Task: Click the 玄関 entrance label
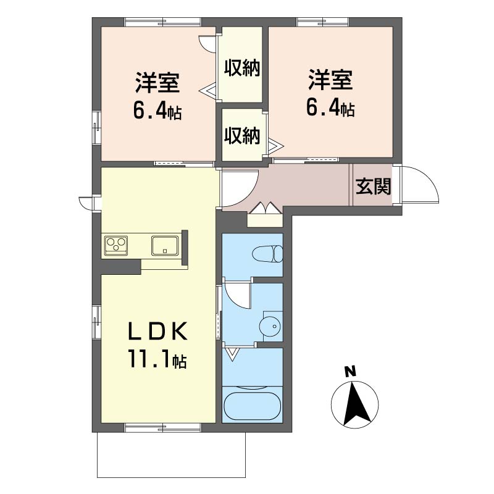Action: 374,186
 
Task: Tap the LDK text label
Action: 157,331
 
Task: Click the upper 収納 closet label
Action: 242,67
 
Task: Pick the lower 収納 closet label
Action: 242,136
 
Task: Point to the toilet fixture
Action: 267,254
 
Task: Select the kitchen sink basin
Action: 164,245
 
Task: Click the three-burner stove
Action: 116,245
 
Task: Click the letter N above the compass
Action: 350,372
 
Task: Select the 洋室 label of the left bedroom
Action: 157,83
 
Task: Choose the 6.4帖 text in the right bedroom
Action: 331,109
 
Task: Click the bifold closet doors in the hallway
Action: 265,209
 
